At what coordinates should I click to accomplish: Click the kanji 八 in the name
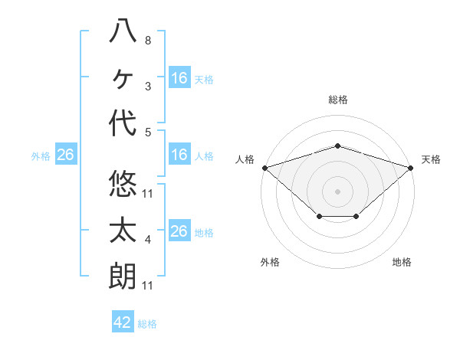123,33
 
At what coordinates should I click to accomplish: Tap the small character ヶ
123,78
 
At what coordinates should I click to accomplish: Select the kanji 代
123,123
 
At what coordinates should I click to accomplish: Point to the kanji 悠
123,185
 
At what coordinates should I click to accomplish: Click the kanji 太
123,231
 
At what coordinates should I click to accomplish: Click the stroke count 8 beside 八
147,41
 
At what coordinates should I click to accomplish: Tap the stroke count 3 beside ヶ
147,87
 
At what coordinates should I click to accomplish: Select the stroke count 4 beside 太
147,240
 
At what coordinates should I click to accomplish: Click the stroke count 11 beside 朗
147,286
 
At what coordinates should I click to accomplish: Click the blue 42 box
123,322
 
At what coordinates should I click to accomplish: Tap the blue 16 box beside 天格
179,78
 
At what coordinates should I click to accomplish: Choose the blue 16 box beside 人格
179,155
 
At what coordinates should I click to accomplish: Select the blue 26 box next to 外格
66,155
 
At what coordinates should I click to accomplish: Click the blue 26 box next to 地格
179,231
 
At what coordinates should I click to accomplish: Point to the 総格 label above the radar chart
337,100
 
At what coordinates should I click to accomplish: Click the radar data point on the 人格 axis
264,168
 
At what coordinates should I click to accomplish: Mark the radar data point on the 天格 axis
411,168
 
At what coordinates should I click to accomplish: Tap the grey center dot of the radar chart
337,191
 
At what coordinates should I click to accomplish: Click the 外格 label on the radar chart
270,262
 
